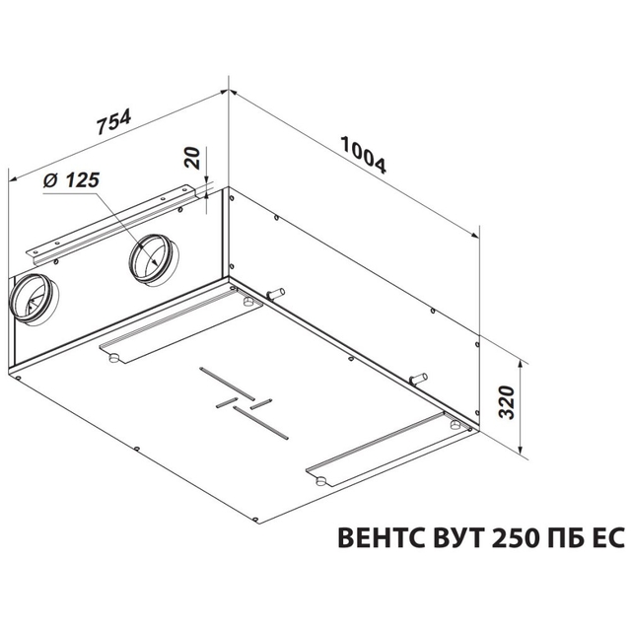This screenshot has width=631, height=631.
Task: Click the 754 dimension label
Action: [114, 121]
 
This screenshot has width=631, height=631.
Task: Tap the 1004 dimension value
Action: [364, 155]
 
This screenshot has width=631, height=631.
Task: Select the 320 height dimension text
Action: [507, 402]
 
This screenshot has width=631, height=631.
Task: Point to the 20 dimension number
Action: [192, 158]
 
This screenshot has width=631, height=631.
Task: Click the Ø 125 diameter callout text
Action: [71, 180]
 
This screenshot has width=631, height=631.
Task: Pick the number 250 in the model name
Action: [517, 537]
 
